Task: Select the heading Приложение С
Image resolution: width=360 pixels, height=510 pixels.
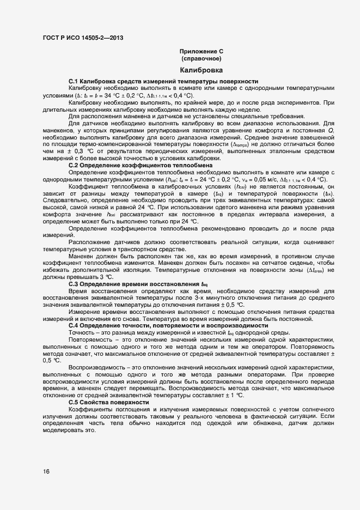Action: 201,51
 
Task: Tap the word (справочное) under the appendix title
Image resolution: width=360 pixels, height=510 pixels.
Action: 201,58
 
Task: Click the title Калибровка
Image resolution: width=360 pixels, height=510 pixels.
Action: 201,70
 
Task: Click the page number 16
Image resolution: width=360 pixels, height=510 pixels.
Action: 46,472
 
